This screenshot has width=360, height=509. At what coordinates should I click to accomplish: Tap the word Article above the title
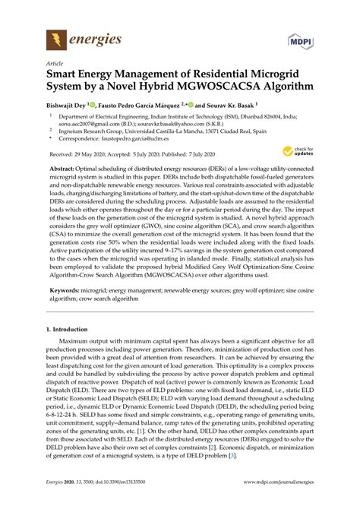55,64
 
